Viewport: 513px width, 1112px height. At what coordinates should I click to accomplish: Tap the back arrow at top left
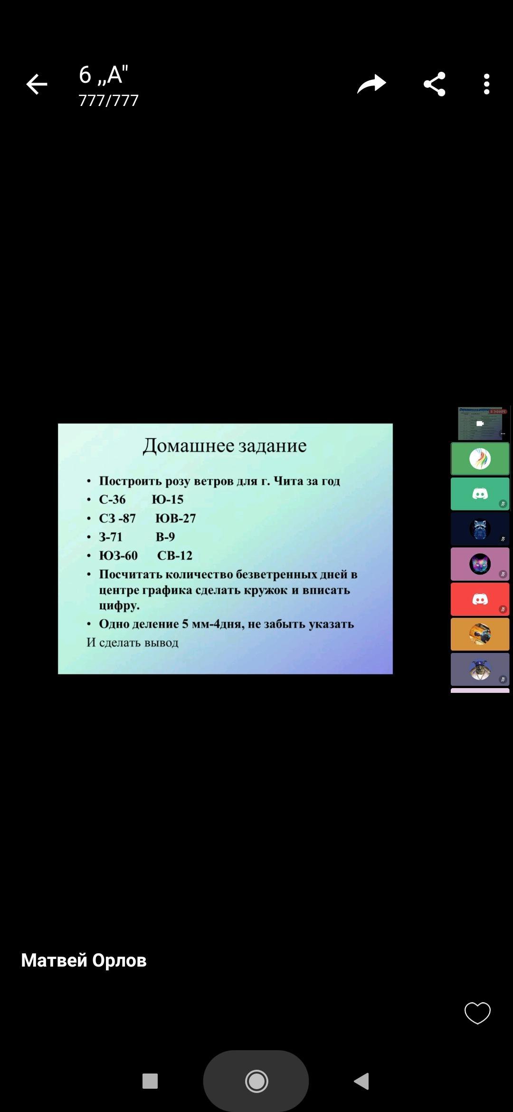pyautogui.click(x=37, y=85)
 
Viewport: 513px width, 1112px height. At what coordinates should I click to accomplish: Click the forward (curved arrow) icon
pyautogui.click(x=371, y=84)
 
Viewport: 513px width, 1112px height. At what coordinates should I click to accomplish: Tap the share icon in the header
pyautogui.click(x=434, y=84)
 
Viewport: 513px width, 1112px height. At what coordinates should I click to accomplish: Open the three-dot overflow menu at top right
pyautogui.click(x=486, y=84)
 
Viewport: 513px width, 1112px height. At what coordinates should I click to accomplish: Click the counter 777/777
pyautogui.click(x=108, y=101)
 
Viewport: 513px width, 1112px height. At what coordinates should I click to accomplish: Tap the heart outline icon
pyautogui.click(x=477, y=1013)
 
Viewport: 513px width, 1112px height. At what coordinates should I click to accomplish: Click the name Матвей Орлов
pyautogui.click(x=84, y=960)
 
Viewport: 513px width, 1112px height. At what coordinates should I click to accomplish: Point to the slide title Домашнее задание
pyautogui.click(x=225, y=446)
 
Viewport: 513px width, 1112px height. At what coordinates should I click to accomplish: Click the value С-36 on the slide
pyautogui.click(x=112, y=499)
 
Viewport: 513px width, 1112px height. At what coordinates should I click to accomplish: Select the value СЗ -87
pyautogui.click(x=117, y=518)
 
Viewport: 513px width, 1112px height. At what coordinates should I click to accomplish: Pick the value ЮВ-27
pyautogui.click(x=176, y=518)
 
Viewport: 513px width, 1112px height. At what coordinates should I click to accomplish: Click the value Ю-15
pyautogui.click(x=168, y=499)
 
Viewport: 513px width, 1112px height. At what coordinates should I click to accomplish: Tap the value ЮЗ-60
pyautogui.click(x=118, y=556)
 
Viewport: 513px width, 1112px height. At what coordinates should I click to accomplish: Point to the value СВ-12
pyautogui.click(x=175, y=556)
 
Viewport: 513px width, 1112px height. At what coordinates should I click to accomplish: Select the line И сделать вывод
pyautogui.click(x=133, y=642)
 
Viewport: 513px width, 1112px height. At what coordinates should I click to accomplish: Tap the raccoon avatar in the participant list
pyautogui.click(x=480, y=529)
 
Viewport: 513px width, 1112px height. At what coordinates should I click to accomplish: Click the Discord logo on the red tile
pyautogui.click(x=480, y=599)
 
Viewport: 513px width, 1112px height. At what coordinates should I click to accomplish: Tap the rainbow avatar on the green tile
pyautogui.click(x=480, y=459)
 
